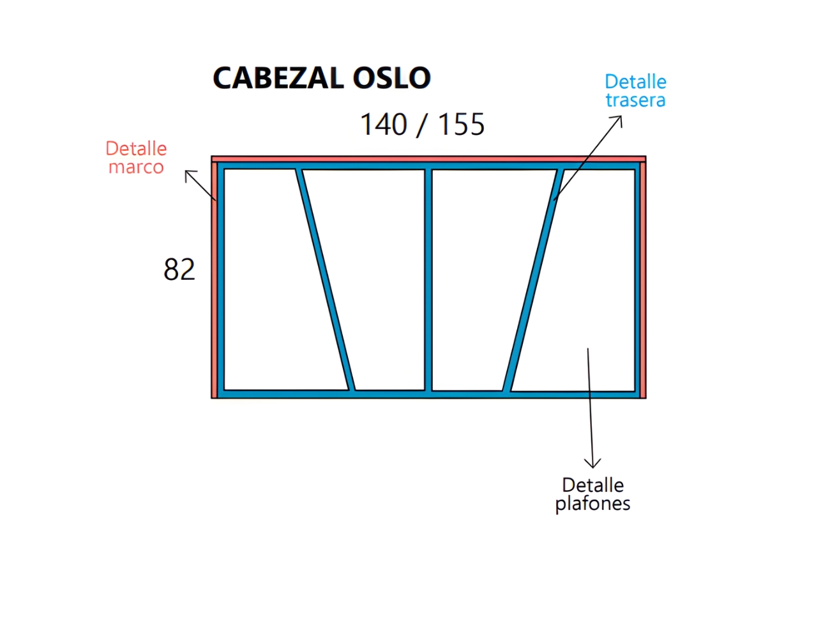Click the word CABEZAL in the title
278,78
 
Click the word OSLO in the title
391,78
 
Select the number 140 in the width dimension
384,124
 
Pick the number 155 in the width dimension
462,124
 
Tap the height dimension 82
179,269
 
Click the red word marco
137,167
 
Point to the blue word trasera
635,100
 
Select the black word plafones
592,504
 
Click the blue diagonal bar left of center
326,280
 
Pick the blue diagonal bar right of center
533,280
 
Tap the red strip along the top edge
428,159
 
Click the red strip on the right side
643,280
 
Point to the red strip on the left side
215,280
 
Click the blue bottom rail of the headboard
428,394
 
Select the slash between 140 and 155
423,125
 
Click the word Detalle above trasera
635,82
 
